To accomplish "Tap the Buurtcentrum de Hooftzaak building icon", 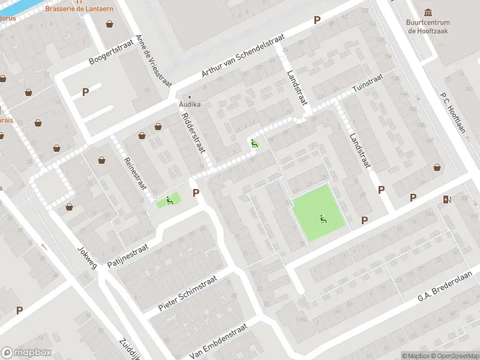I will (428, 13).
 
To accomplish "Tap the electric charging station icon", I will (446, 199).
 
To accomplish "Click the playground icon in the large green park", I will (324, 219).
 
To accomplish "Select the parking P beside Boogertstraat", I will (85, 92).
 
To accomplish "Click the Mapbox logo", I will (26, 353).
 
